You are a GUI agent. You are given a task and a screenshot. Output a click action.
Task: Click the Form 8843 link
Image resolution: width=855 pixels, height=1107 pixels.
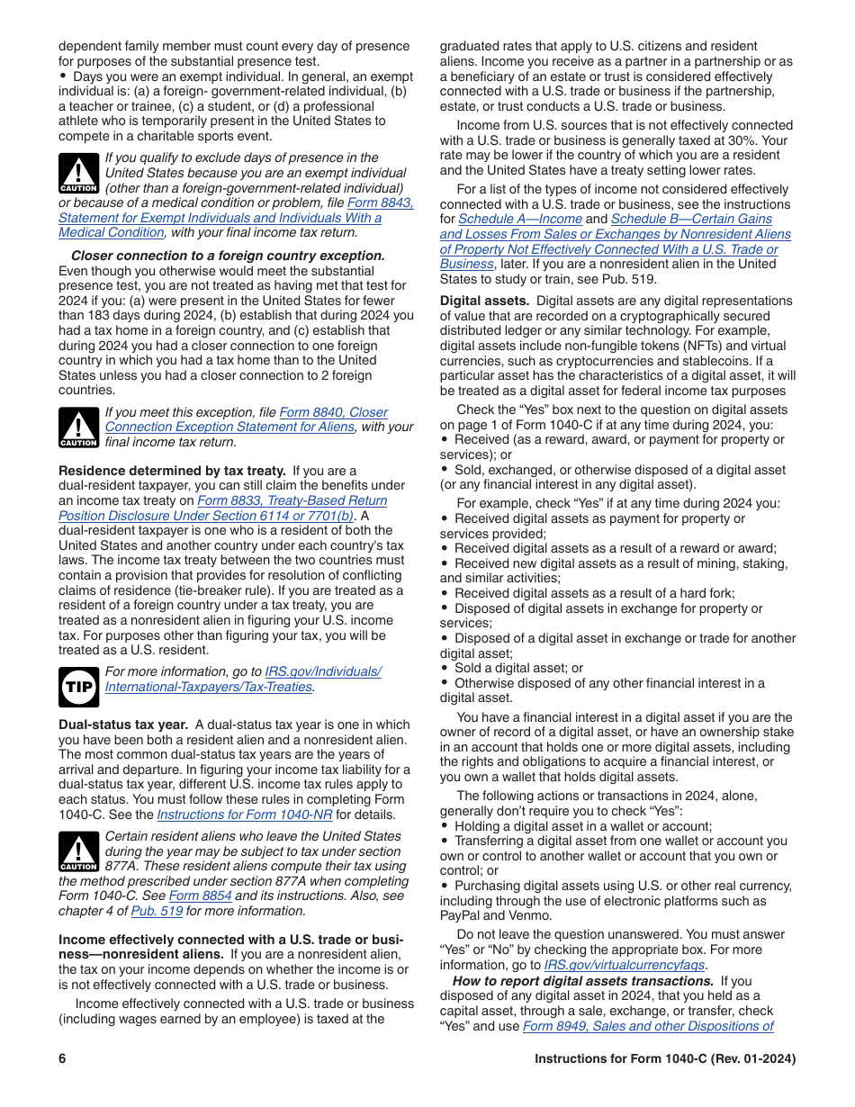[380, 202]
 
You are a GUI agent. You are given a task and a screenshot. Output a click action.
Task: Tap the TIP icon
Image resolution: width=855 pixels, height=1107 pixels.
[78, 687]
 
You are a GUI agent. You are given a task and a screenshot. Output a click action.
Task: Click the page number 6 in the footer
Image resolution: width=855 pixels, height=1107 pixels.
[63, 1059]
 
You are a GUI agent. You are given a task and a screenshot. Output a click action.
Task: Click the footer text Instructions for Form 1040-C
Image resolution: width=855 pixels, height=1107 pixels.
[664, 1059]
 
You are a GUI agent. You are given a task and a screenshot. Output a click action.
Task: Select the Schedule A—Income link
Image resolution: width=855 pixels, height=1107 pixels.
[520, 219]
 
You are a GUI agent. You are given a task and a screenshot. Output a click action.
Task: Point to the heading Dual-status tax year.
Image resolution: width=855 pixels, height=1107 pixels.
[123, 724]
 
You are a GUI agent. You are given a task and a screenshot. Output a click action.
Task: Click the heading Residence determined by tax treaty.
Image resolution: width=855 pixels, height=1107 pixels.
[172, 471]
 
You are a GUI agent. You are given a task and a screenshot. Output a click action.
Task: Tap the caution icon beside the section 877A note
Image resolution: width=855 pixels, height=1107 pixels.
[78, 851]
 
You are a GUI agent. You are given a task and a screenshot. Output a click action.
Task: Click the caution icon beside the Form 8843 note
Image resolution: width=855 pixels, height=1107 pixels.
[78, 173]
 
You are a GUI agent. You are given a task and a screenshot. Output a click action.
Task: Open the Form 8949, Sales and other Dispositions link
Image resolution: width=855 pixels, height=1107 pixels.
[647, 1026]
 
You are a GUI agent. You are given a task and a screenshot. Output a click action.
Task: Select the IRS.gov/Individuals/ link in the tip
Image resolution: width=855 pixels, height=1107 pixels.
[322, 671]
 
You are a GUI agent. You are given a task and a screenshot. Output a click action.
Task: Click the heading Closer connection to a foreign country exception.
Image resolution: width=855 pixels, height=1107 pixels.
[228, 256]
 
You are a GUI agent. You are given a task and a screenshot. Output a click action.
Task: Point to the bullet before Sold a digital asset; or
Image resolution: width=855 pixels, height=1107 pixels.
[445, 669]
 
